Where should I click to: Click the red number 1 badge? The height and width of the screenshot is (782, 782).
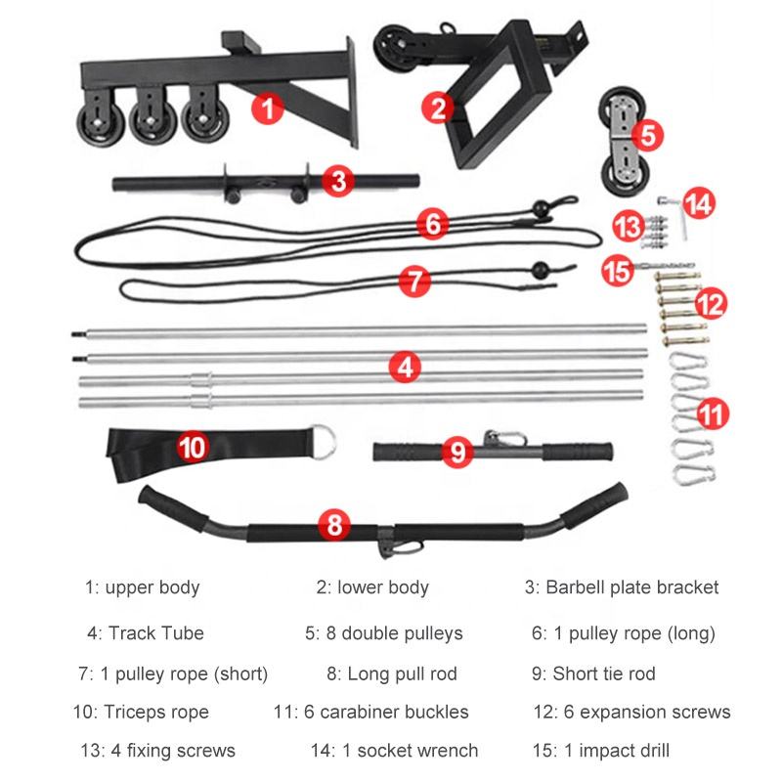267,106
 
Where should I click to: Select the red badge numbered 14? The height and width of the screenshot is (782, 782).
698,204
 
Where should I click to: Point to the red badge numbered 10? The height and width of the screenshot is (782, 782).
193,447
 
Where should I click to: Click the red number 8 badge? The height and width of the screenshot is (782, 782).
333,525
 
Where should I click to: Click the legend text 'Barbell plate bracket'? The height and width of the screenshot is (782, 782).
622,587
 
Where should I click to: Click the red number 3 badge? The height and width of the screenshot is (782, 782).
337,179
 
